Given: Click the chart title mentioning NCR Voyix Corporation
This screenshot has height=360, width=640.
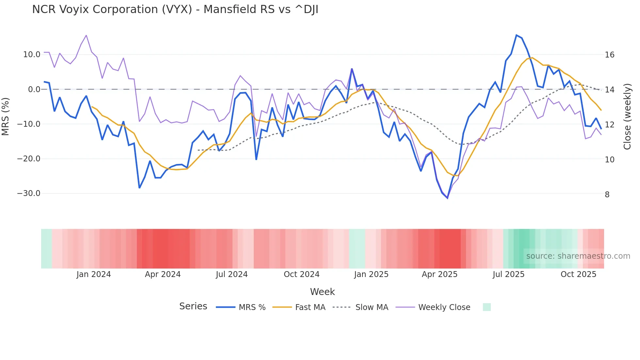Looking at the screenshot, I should pos(175,9).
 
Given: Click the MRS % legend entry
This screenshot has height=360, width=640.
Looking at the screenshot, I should pos(252,307).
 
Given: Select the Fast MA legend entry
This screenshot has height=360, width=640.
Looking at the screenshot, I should pos(310,307).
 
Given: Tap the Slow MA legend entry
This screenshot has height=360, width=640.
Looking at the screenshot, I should pos(372,307).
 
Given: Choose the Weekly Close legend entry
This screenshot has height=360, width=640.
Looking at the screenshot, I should pos(444,307).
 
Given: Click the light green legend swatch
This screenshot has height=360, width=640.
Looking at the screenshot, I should pos(487,307).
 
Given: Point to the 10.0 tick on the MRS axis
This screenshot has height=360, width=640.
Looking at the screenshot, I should pos(32,55).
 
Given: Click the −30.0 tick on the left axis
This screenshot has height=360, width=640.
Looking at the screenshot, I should pos(29,193).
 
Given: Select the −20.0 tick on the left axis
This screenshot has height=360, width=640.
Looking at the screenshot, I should pos(29,159).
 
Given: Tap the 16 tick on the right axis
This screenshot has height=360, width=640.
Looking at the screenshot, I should pos(609,55).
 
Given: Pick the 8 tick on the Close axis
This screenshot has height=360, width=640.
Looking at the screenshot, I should pos(607,195).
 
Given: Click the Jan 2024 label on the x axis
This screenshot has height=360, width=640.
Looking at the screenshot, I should pos(94,274).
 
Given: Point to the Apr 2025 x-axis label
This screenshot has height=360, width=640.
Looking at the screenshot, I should pos(440,274).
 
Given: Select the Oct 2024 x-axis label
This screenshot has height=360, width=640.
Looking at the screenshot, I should pos(301,274).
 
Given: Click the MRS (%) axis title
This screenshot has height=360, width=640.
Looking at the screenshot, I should pos(6,116).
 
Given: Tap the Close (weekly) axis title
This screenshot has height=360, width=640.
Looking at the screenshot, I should pos(627,117).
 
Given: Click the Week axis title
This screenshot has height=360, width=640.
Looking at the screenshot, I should pos(322,292).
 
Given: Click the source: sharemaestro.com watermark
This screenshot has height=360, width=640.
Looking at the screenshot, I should pos(578,256).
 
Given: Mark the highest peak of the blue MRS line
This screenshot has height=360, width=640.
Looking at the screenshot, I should pos(516,35).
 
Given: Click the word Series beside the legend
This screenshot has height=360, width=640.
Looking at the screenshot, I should pos(193,306).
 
